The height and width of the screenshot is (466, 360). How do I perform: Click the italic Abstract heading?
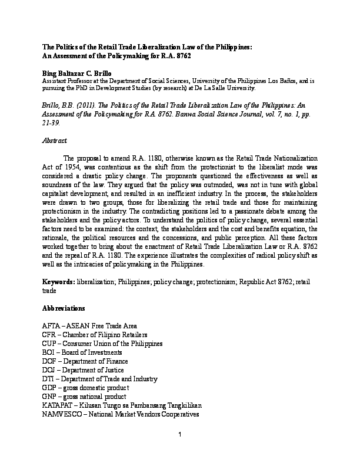(x=55, y=141)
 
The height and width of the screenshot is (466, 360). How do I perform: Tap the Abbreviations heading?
(x=64, y=308)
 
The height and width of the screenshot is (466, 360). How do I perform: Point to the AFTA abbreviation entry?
(x=90, y=325)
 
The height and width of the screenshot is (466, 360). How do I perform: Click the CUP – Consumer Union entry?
(x=102, y=343)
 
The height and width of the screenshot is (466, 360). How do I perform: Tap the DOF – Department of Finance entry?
(x=85, y=361)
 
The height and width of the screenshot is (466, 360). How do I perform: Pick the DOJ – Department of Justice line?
(x=83, y=370)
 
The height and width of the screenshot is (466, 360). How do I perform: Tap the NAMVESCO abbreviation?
(x=64, y=414)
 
